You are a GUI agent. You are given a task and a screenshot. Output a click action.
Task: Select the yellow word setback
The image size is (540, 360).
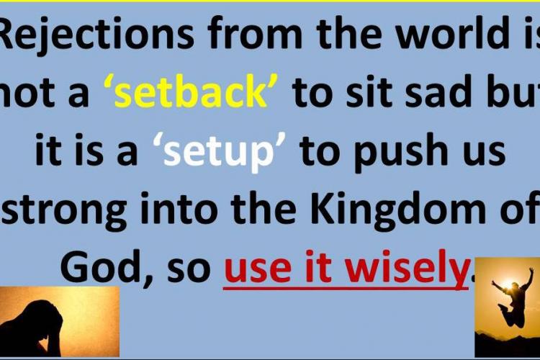click(x=190, y=91)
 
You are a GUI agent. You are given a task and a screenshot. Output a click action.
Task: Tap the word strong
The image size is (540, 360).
click(x=63, y=211)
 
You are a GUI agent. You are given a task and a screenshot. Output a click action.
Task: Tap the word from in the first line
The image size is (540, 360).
click(x=253, y=32)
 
